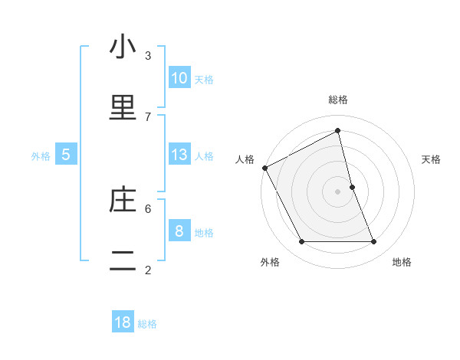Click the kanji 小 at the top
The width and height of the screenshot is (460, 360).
tap(123, 47)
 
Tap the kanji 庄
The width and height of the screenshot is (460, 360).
tap(123, 200)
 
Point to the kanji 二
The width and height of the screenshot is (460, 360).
tap(123, 261)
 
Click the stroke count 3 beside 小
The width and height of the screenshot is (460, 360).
tap(148, 55)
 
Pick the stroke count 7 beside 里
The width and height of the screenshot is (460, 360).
tap(148, 116)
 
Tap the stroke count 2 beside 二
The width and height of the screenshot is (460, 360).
tap(148, 270)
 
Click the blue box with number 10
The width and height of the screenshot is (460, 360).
tap(179, 78)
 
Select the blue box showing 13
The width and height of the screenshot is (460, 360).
tap(179, 155)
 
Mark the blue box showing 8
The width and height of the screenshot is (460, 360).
tap(179, 231)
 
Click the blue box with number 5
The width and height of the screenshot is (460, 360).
tap(66, 155)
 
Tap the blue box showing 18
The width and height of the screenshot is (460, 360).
tap(123, 322)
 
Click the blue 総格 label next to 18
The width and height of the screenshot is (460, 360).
tap(147, 324)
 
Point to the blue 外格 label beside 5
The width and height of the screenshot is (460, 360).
tap(41, 156)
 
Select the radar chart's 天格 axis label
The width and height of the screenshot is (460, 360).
tap(432, 159)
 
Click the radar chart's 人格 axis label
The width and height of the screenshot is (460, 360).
tap(245, 159)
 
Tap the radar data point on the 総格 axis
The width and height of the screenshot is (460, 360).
tap(337, 130)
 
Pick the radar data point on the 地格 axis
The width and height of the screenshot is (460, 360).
tap(374, 242)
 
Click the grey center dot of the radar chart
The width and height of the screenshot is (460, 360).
tap(337, 191)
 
